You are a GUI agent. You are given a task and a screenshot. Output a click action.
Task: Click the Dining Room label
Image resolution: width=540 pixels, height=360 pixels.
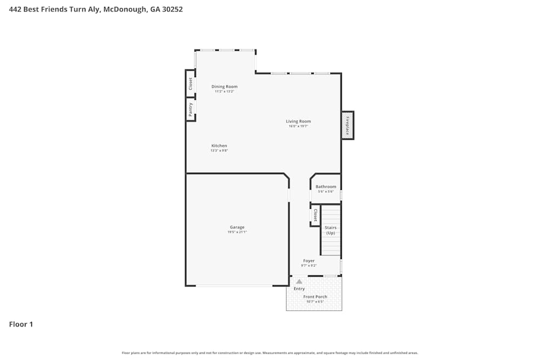[224, 86]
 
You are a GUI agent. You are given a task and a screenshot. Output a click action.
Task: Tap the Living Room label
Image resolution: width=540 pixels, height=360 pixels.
[298, 121]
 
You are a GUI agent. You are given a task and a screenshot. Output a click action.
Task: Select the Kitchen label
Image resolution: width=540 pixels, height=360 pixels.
[219, 146]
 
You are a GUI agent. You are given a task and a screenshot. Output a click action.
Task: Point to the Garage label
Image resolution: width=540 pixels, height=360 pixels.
[237, 227]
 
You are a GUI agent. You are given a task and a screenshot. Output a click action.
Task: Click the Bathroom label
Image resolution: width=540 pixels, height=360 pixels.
[326, 187]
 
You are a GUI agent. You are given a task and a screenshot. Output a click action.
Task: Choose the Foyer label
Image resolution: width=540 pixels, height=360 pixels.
[308, 261]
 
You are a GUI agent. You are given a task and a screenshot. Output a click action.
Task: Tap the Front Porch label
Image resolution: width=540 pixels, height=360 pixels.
[315, 297]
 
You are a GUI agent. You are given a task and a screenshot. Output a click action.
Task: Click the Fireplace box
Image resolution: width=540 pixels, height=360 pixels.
[347, 125]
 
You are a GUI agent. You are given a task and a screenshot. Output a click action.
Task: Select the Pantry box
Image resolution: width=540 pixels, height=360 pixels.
[191, 110]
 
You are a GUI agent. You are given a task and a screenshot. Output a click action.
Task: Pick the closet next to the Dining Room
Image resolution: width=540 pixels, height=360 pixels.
[190, 84]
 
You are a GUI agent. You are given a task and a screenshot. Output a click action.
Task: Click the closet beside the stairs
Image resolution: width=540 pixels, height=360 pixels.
[315, 215]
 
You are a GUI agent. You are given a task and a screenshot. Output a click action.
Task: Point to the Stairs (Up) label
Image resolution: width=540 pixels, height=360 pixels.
[330, 230]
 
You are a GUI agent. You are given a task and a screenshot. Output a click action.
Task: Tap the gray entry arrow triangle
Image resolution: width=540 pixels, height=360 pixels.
[299, 281]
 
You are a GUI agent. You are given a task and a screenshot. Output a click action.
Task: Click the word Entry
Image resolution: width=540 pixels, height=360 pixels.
[299, 289]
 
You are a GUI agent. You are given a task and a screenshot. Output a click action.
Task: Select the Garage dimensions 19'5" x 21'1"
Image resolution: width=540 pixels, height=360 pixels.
[237, 232]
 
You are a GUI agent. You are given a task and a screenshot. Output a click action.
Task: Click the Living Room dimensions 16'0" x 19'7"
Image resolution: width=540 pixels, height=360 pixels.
[298, 126]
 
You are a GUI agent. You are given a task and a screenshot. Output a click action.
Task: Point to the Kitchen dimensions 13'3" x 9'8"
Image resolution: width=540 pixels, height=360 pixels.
[219, 151]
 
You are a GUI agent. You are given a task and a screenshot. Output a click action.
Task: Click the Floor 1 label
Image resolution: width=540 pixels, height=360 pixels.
[21, 324]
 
